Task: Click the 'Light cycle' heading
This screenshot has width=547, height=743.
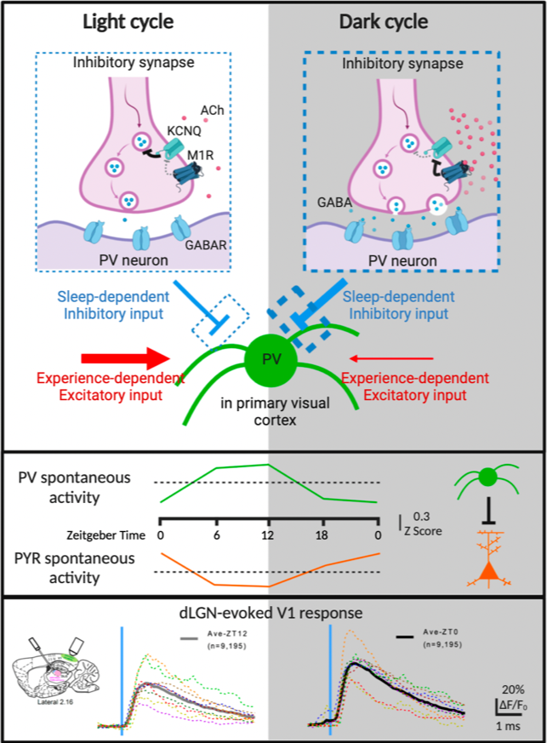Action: (x=128, y=22)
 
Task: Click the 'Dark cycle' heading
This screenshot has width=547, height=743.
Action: (x=384, y=22)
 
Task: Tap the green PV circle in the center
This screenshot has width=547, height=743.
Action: (x=271, y=360)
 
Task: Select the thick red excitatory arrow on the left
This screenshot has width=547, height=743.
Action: (x=126, y=358)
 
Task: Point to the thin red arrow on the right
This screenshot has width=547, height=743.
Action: (x=391, y=358)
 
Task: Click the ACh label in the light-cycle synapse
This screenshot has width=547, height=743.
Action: (x=212, y=111)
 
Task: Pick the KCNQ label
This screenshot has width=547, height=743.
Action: (x=185, y=131)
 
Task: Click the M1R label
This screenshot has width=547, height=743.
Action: (x=200, y=155)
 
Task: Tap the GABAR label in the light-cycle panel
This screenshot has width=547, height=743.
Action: (x=206, y=245)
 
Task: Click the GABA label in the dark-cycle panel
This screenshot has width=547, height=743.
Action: (x=334, y=203)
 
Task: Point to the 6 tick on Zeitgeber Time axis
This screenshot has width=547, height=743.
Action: (x=216, y=535)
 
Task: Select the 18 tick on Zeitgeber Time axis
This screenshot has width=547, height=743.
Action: (x=322, y=535)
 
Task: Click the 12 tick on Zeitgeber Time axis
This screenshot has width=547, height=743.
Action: (x=268, y=535)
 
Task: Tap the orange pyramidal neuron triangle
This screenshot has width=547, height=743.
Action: (x=489, y=570)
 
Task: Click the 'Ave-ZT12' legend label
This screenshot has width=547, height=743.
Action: (x=227, y=633)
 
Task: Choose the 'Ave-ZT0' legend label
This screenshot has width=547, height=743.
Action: (x=441, y=632)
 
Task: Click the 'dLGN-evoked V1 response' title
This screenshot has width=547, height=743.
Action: (x=271, y=613)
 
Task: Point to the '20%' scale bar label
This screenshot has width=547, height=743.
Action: (x=513, y=689)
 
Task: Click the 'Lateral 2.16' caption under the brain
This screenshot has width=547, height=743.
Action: (x=55, y=702)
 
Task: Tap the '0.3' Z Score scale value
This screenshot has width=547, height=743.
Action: (x=421, y=516)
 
